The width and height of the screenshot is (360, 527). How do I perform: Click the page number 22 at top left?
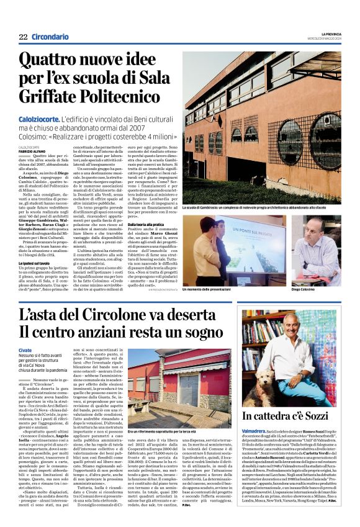coord(23,38)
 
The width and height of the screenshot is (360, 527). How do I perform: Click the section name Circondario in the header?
coord(50,38)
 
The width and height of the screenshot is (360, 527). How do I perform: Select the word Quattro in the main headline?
coord(52,60)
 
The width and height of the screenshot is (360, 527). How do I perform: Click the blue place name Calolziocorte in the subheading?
coord(39,118)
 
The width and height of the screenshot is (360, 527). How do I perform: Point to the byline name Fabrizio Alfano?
coord(33,150)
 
